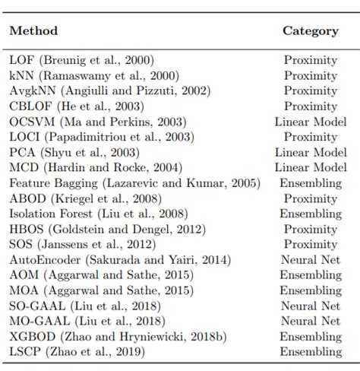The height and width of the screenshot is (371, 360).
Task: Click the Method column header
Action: [x=33, y=31]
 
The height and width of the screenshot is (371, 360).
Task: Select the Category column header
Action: [x=311, y=31]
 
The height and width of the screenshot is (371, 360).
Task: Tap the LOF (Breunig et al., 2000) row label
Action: [x=81, y=60]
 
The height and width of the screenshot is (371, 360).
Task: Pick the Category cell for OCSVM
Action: [x=311, y=122]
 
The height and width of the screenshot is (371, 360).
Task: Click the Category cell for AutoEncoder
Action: [x=311, y=260]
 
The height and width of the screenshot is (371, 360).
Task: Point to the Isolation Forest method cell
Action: [x=99, y=214]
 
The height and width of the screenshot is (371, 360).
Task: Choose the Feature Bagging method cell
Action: [x=134, y=183]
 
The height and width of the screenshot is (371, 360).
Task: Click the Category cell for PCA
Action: [x=311, y=152]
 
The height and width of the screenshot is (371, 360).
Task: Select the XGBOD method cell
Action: [x=118, y=337]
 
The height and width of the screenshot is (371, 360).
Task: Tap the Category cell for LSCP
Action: [x=311, y=352]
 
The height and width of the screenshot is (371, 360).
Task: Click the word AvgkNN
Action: [x=33, y=91]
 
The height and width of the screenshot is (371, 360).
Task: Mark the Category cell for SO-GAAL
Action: [x=311, y=306]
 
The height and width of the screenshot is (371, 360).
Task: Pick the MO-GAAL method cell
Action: [x=87, y=321]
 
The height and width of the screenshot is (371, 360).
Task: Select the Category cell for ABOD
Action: [x=311, y=198]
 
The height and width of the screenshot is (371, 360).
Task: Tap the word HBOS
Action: [x=27, y=229]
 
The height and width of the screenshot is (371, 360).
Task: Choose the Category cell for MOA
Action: [x=311, y=290]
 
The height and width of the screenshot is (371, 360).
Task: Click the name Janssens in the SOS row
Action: [x=65, y=244]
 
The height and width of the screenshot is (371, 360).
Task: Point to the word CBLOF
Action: [x=30, y=106]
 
